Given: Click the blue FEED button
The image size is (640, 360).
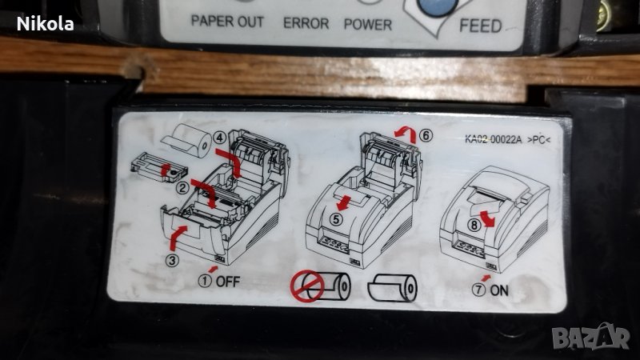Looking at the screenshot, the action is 437,6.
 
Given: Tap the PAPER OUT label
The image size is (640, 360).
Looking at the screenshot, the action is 227,22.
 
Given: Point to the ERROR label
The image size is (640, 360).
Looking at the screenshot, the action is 306,23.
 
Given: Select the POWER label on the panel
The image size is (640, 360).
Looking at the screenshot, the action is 368,25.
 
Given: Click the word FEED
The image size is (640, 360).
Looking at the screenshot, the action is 481,26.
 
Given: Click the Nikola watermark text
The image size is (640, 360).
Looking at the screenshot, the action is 46,24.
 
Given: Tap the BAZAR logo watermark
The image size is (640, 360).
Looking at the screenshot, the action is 591,337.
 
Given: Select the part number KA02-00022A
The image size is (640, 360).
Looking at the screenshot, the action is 493,139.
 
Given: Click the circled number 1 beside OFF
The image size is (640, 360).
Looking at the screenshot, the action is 205,281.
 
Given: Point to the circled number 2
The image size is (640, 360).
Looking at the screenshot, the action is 183,188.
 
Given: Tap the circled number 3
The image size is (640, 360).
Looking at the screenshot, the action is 172,260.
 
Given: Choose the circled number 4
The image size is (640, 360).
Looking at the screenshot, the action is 221,138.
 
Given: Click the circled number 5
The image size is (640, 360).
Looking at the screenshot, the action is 336,219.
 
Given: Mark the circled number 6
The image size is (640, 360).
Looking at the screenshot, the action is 426,135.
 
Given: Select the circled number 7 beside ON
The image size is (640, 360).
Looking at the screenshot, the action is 478,290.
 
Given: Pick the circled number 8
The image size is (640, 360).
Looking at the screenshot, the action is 474,225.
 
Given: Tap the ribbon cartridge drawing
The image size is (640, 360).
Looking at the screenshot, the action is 158,167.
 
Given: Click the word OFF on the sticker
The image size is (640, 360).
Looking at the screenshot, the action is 228,282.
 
